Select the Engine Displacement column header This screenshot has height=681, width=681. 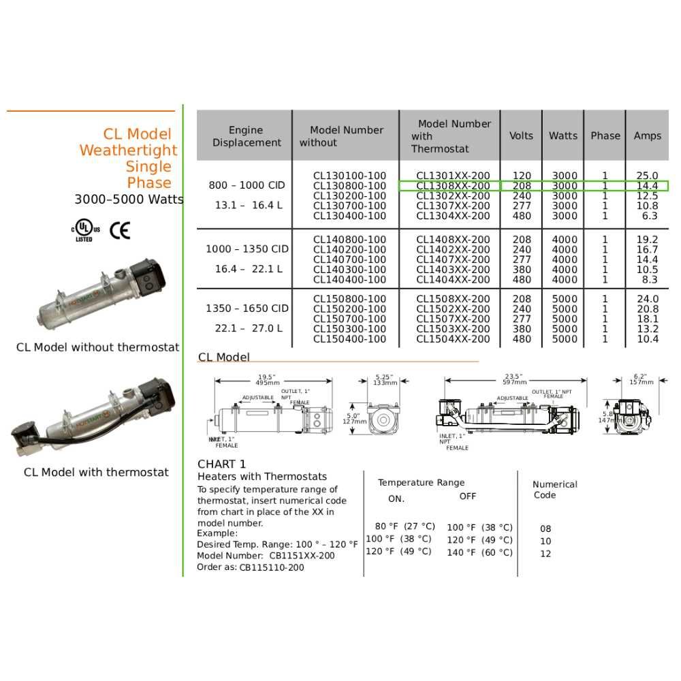245,136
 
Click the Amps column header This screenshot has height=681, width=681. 647,136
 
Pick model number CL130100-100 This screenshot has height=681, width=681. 349,176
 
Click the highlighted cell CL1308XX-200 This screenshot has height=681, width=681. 453,186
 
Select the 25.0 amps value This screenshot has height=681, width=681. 646,176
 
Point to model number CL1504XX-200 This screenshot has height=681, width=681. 453,339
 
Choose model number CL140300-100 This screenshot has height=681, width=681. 349,270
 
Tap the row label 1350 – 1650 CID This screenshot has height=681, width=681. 247,308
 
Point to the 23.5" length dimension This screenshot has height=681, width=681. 512,377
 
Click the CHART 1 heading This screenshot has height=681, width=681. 222,464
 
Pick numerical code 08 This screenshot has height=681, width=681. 545,528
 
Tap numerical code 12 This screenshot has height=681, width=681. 545,554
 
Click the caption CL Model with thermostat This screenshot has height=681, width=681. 96,472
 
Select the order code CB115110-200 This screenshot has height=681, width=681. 272,567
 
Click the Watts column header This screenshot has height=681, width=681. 563,136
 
